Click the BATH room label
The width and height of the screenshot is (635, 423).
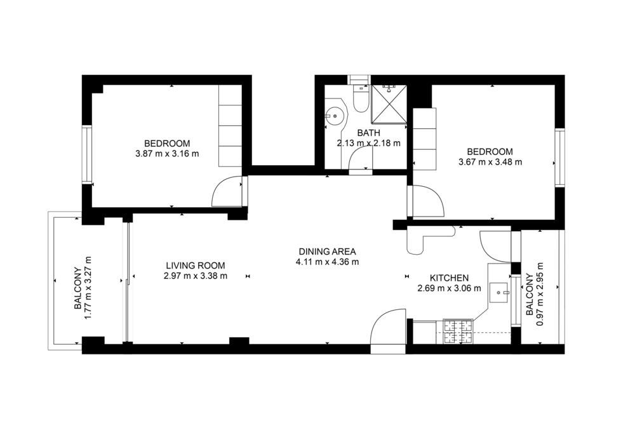(x=368, y=133)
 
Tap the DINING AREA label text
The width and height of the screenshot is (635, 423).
(x=327, y=252)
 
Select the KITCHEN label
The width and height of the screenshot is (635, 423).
(x=449, y=278)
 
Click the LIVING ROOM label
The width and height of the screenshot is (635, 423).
(x=196, y=265)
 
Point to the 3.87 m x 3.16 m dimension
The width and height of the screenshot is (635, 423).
(x=167, y=154)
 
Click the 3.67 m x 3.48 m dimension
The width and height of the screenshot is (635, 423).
(x=490, y=163)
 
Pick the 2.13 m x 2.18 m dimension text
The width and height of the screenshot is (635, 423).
(x=368, y=143)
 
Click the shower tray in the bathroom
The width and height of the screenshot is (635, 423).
(x=389, y=104)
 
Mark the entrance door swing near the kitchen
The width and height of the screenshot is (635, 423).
(x=389, y=326)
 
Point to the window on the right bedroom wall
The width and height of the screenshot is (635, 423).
(x=559, y=158)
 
